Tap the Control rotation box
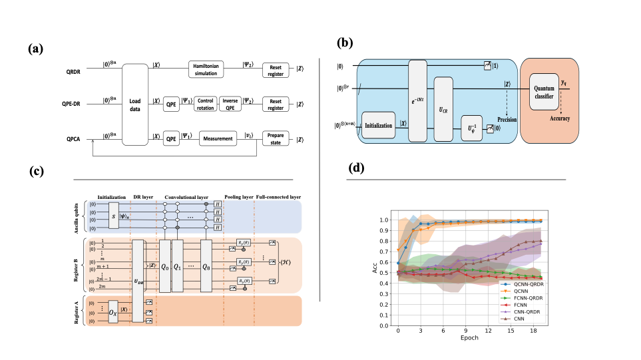pos(205,104)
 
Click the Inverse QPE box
pos(231,104)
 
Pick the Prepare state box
pos(275,138)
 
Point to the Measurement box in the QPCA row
pos(218,138)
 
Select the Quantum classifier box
pos(544,92)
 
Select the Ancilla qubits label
pos(76,214)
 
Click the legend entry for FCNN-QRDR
pos(526,298)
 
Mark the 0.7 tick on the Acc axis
pos(384,252)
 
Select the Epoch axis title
pos(471,338)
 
